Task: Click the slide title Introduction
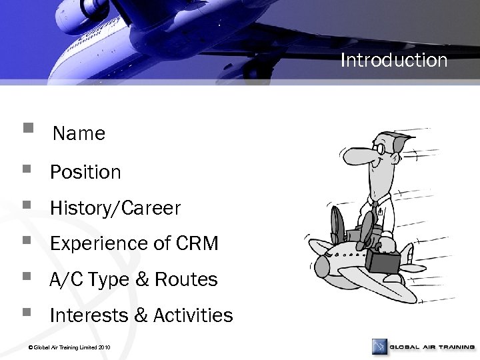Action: [x=393, y=61]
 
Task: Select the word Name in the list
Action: [x=79, y=134]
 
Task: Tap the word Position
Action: [x=85, y=173]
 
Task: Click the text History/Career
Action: [x=115, y=209]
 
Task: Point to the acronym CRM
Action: [x=197, y=245]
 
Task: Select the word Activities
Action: [x=193, y=315]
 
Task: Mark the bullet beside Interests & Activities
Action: [x=26, y=310]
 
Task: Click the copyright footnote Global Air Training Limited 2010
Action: [x=66, y=347]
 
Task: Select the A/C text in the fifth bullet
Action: [x=65, y=280]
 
